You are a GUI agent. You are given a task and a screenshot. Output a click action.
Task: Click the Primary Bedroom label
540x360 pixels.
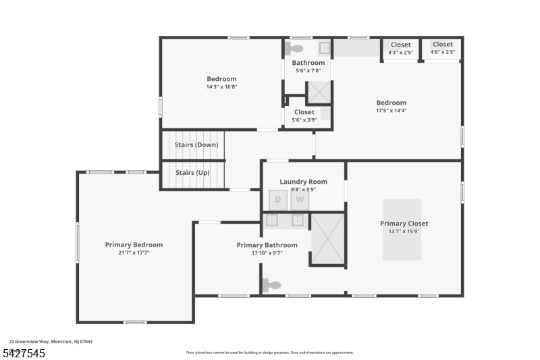(134, 245)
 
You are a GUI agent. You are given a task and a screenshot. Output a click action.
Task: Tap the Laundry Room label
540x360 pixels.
(303, 182)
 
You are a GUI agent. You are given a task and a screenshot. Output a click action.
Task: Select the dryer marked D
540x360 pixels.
(277, 200)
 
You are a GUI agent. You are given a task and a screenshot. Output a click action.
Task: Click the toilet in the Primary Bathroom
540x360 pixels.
(271, 286)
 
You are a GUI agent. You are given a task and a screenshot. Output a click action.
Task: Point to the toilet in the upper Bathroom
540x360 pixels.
(294, 49)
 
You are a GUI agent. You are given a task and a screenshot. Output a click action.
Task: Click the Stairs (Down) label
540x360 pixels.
(196, 145)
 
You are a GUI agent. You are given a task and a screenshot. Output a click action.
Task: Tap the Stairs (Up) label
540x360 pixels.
(192, 172)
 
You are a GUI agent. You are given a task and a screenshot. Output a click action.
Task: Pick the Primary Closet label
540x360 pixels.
(404, 224)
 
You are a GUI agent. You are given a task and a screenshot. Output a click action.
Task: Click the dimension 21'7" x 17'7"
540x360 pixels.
(134, 253)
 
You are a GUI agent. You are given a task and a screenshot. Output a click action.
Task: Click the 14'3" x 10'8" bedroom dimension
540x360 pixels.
(221, 86)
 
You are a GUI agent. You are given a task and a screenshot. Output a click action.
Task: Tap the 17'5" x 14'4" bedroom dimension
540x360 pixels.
(391, 111)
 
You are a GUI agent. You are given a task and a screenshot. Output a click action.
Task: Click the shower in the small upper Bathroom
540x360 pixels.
(319, 92)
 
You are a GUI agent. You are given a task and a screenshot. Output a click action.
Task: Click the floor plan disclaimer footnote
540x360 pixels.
(269, 352)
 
